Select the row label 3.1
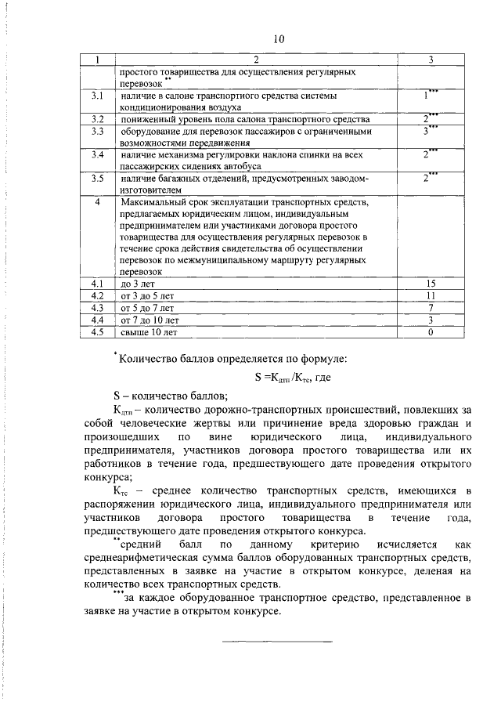coord(98,95)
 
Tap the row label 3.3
coord(98,132)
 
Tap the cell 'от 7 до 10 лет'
coord(150,320)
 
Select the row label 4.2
coord(98,295)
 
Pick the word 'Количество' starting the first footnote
coord(149,360)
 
